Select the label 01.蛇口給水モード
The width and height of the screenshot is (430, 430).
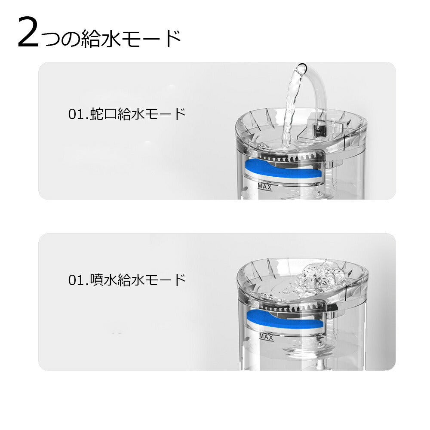(127, 114)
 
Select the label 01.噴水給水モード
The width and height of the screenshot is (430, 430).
(127, 280)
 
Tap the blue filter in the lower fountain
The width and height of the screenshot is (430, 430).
(284, 320)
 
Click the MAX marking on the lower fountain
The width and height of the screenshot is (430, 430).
(267, 337)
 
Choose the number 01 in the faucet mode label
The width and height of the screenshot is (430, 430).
(76, 115)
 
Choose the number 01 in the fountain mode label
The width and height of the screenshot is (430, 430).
(76, 281)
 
